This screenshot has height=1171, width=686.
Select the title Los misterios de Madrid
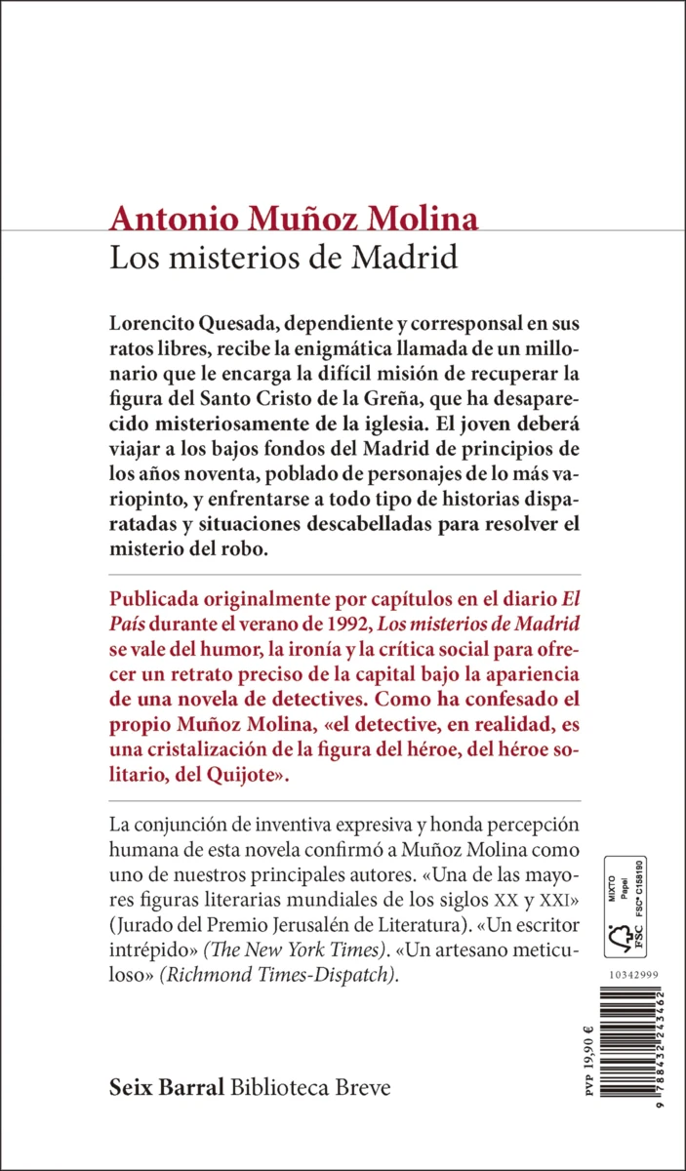point(284,261)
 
